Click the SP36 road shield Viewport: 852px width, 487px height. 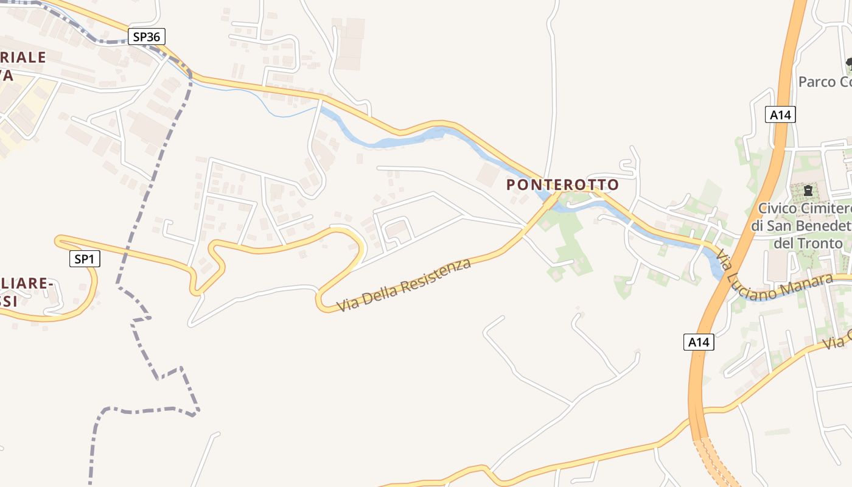[147, 37]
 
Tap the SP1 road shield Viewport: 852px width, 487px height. [84, 259]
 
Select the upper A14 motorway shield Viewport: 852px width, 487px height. [781, 114]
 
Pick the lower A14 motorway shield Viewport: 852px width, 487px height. [698, 342]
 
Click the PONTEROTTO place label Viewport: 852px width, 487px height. [562, 184]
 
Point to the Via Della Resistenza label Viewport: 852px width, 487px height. [404, 285]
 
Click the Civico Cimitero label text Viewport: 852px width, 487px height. [803, 209]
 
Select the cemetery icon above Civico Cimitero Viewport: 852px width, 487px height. [808, 191]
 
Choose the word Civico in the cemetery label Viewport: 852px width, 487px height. [777, 209]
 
